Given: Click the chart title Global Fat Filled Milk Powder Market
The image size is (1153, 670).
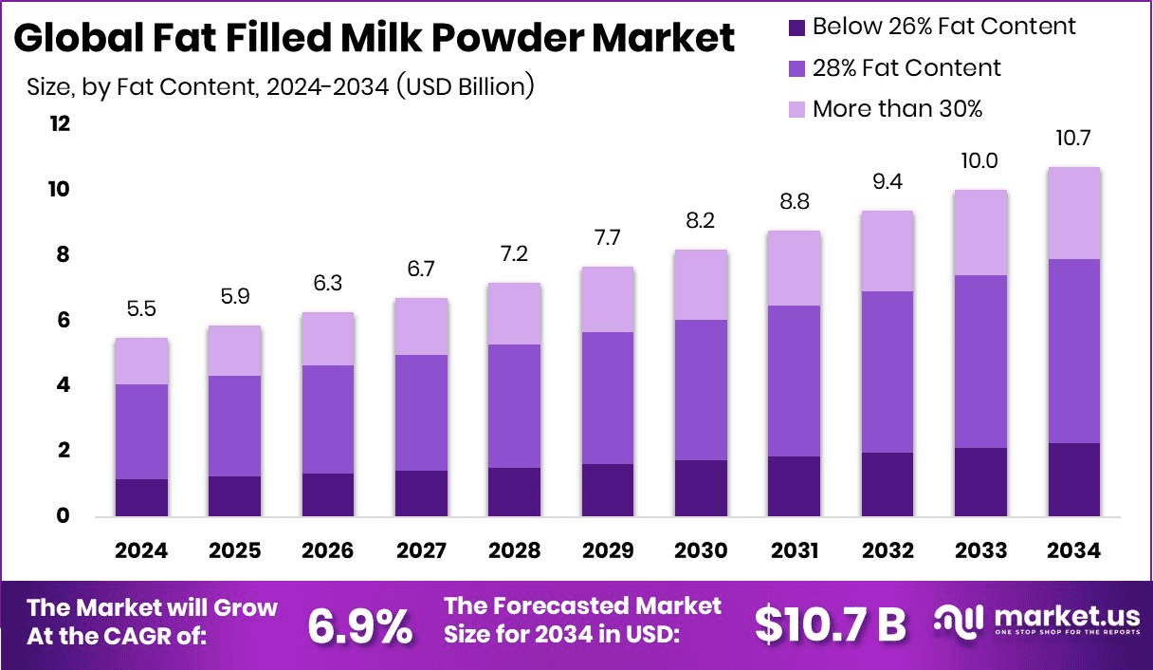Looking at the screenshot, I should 375,38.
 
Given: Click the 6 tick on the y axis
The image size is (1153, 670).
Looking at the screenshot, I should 64,321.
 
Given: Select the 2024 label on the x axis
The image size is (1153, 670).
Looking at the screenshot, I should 142,551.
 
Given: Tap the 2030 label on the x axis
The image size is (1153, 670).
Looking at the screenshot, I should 701,551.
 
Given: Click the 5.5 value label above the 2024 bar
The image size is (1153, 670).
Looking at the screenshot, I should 142,309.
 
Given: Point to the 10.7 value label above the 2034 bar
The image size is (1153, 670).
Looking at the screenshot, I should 1073,139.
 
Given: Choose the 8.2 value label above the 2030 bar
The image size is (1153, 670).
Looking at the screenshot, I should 701,221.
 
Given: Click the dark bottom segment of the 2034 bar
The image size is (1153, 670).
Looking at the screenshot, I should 1073,479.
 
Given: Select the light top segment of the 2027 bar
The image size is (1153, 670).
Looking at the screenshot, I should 421,326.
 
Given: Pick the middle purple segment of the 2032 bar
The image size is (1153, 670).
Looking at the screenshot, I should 887,372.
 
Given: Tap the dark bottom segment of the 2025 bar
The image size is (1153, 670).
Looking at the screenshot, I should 235,495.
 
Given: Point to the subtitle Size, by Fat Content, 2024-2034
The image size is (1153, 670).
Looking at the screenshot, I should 280,87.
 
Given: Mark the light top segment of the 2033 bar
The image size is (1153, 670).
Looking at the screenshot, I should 979,233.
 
